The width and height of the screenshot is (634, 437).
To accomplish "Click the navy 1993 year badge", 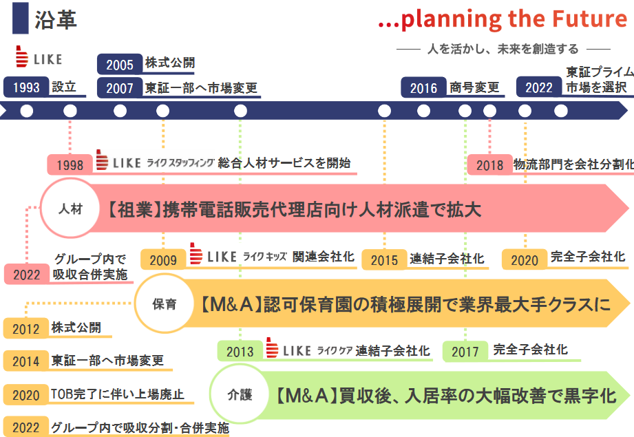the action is pyautogui.click(x=26, y=87).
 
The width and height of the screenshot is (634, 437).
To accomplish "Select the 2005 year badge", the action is pyautogui.click(x=120, y=64).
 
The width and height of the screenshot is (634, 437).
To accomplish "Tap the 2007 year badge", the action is pyautogui.click(x=120, y=87).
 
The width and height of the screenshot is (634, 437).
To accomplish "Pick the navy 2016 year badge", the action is pyautogui.click(x=424, y=87).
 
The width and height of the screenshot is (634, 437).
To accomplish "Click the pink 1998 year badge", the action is pyautogui.click(x=70, y=165).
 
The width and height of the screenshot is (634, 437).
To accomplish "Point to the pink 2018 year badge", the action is pyautogui.click(x=489, y=165).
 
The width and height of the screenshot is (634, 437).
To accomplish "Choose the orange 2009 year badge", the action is pyautogui.click(x=163, y=259).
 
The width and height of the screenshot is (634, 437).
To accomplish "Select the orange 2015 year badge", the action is pyautogui.click(x=384, y=259).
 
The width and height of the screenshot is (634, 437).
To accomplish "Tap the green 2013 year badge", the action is pyautogui.click(x=240, y=351).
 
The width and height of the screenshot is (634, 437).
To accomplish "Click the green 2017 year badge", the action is pyautogui.click(x=465, y=351).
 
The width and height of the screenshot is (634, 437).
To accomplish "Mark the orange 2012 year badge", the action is pyautogui.click(x=26, y=328).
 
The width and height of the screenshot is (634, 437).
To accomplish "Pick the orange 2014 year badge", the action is pyautogui.click(x=26, y=361).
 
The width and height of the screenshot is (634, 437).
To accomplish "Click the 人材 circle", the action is pyautogui.click(x=70, y=209).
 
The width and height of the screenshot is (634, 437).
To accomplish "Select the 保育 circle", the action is pyautogui.click(x=165, y=303).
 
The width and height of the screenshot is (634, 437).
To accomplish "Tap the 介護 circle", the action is pyautogui.click(x=240, y=394).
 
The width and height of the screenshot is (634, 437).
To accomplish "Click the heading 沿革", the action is pyautogui.click(x=55, y=19).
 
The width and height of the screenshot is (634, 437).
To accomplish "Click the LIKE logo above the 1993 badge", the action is pyautogui.click(x=39, y=56).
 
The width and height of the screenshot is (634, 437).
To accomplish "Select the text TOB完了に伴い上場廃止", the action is pyautogui.click(x=118, y=394).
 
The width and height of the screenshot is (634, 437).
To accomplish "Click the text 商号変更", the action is pyautogui.click(x=474, y=87).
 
